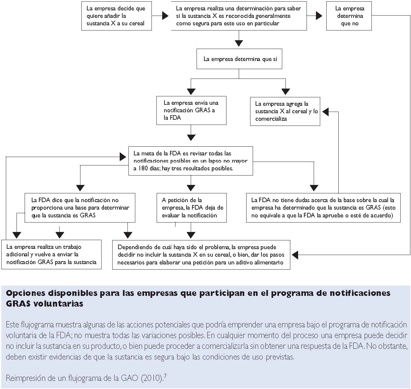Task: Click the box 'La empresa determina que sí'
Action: tap(239, 59)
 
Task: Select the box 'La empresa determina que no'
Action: tap(349, 16)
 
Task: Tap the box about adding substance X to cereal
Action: tap(116, 16)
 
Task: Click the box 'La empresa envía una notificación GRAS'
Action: tap(191, 110)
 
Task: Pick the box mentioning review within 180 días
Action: tap(190, 161)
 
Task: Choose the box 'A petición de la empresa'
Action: tap(191, 208)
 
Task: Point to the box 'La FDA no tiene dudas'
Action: tap(323, 208)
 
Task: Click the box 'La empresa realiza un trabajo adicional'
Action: tap(51, 254)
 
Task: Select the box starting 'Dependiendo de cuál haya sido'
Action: tap(201, 254)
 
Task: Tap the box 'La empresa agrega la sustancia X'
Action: tap(285, 111)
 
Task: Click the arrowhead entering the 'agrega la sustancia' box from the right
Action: tap(325, 112)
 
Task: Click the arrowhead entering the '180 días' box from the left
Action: tap(123, 157)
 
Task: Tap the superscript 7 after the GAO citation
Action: tap(165, 376)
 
